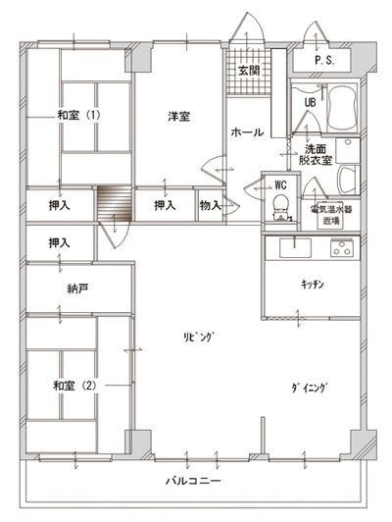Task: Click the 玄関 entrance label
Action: tap(249, 71)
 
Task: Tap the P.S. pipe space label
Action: tap(324, 60)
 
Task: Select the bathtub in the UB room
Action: tap(341, 108)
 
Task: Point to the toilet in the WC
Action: tap(281, 206)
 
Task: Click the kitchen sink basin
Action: tap(295, 248)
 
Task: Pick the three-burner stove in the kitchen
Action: tap(342, 248)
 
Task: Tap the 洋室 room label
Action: tap(179, 117)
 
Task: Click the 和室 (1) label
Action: tap(78, 115)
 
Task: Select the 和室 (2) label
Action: tap(74, 386)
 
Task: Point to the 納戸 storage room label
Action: tap(77, 288)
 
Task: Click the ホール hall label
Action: tap(247, 132)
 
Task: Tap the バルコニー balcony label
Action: tap(193, 481)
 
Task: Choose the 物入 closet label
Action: tap(211, 206)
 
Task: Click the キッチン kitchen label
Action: tap(313, 284)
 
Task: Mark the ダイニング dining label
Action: tap(310, 389)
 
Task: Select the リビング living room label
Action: tap(199, 337)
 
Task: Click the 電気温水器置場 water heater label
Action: tap(331, 214)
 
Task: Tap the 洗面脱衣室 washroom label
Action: tap(316, 154)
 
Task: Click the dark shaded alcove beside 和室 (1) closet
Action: tap(115, 203)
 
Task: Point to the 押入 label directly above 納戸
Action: tap(59, 242)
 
